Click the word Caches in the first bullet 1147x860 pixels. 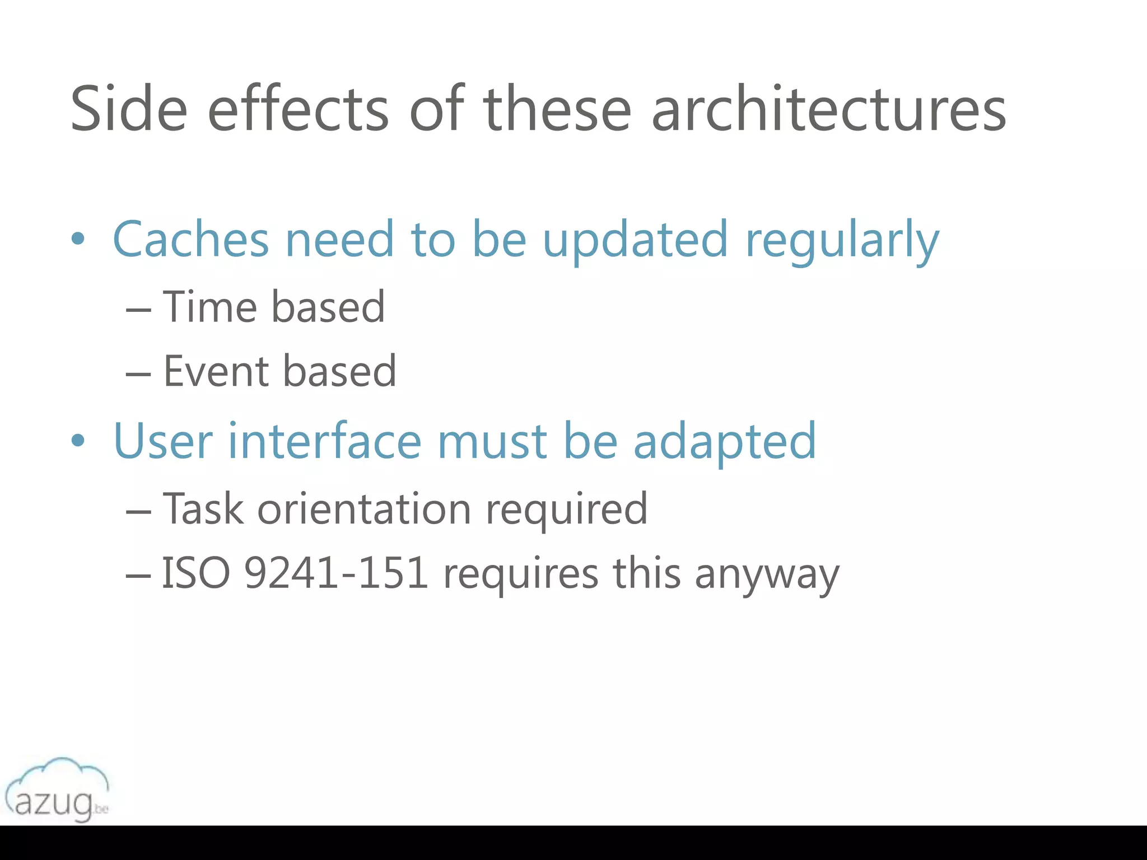click(191, 239)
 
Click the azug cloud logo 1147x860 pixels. click(57, 789)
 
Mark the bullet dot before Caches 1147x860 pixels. click(78, 240)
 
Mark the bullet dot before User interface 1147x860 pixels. click(78, 441)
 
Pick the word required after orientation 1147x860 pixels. click(566, 510)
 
